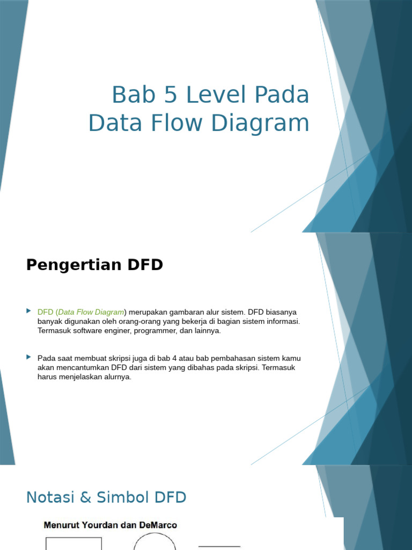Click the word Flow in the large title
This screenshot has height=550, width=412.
click(x=178, y=122)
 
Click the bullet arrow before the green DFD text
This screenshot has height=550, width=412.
click(x=29, y=311)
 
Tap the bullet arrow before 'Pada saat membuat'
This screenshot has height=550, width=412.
click(x=29, y=357)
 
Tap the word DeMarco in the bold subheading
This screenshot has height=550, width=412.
click(x=158, y=525)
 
